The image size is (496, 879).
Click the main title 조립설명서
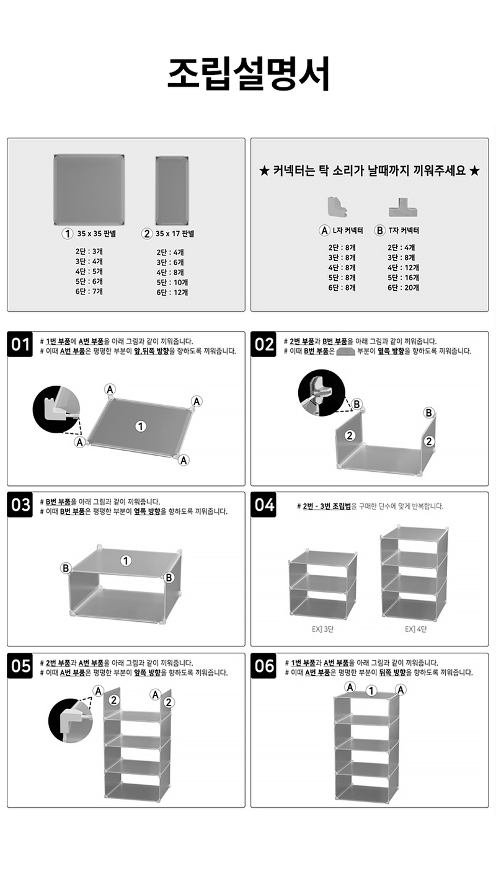click(x=248, y=74)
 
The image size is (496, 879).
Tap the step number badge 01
click(x=20, y=345)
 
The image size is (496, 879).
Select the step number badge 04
click(x=263, y=505)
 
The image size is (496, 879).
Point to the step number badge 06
click(x=263, y=666)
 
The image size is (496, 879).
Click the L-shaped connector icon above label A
click(x=337, y=207)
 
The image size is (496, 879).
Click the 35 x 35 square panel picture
click(x=89, y=190)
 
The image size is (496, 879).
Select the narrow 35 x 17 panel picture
click(x=172, y=191)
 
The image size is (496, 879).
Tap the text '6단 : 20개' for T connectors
click(x=404, y=288)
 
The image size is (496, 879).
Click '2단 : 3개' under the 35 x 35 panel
click(x=89, y=251)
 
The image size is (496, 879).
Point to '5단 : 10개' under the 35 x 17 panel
click(x=172, y=282)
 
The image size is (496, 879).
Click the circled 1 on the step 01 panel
click(x=141, y=426)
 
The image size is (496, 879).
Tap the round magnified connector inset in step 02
click(x=321, y=392)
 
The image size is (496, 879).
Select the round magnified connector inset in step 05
click(x=71, y=720)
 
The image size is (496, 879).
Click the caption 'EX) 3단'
click(x=322, y=629)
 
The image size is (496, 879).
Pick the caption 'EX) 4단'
click(x=415, y=629)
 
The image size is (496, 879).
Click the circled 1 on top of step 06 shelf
click(x=371, y=691)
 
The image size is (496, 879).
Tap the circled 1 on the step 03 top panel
click(x=126, y=561)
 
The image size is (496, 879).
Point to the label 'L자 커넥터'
click(x=348, y=231)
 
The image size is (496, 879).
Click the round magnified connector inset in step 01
click(x=56, y=409)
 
